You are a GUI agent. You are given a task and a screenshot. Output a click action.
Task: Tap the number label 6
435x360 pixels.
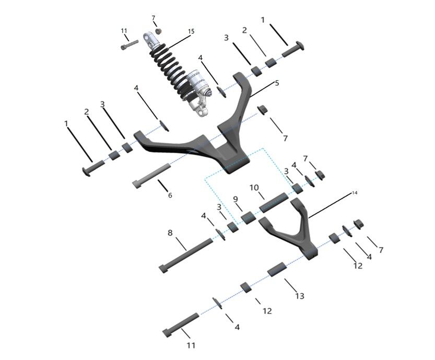[170, 195]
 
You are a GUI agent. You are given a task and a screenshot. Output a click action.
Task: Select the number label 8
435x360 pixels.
[170, 233]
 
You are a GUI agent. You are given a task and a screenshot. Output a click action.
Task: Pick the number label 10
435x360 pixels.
[254, 188]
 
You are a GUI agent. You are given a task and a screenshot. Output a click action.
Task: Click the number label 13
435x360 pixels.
[299, 296]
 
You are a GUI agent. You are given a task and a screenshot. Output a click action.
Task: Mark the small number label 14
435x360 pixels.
[355, 193]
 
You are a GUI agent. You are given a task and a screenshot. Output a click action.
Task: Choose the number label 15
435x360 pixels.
[191, 31]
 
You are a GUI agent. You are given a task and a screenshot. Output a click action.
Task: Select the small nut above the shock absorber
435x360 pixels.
[159, 31]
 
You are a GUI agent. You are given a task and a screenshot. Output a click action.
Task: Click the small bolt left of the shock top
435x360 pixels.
[128, 45]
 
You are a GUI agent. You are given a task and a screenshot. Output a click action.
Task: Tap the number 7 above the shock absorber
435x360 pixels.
[154, 18]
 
